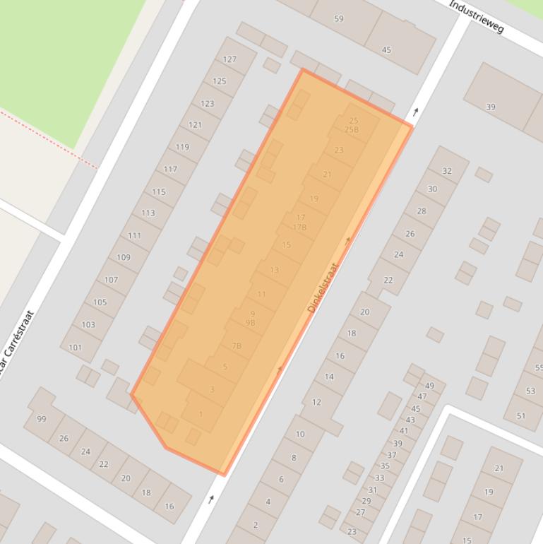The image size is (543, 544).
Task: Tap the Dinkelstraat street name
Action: (323, 288)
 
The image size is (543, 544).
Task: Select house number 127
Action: (229, 59)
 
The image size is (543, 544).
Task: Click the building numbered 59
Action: (339, 18)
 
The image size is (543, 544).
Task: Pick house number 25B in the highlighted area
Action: (352, 130)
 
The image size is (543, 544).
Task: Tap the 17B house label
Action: (299, 227)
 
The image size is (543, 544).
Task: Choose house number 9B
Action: (250, 323)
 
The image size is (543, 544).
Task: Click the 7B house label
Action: (237, 346)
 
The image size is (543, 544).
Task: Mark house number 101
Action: (75, 348)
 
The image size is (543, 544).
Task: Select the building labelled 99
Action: (42, 419)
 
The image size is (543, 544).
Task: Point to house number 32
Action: (446, 171)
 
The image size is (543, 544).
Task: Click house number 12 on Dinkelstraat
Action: (316, 402)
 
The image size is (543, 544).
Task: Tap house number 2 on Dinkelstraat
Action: (255, 525)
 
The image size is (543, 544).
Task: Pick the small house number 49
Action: (429, 386)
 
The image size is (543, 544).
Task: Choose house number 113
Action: (148, 213)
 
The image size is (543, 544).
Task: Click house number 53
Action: (530, 391)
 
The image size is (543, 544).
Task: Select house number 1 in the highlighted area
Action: (201, 414)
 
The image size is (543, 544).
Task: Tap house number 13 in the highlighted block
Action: (274, 270)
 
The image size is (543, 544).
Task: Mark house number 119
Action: (182, 147)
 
